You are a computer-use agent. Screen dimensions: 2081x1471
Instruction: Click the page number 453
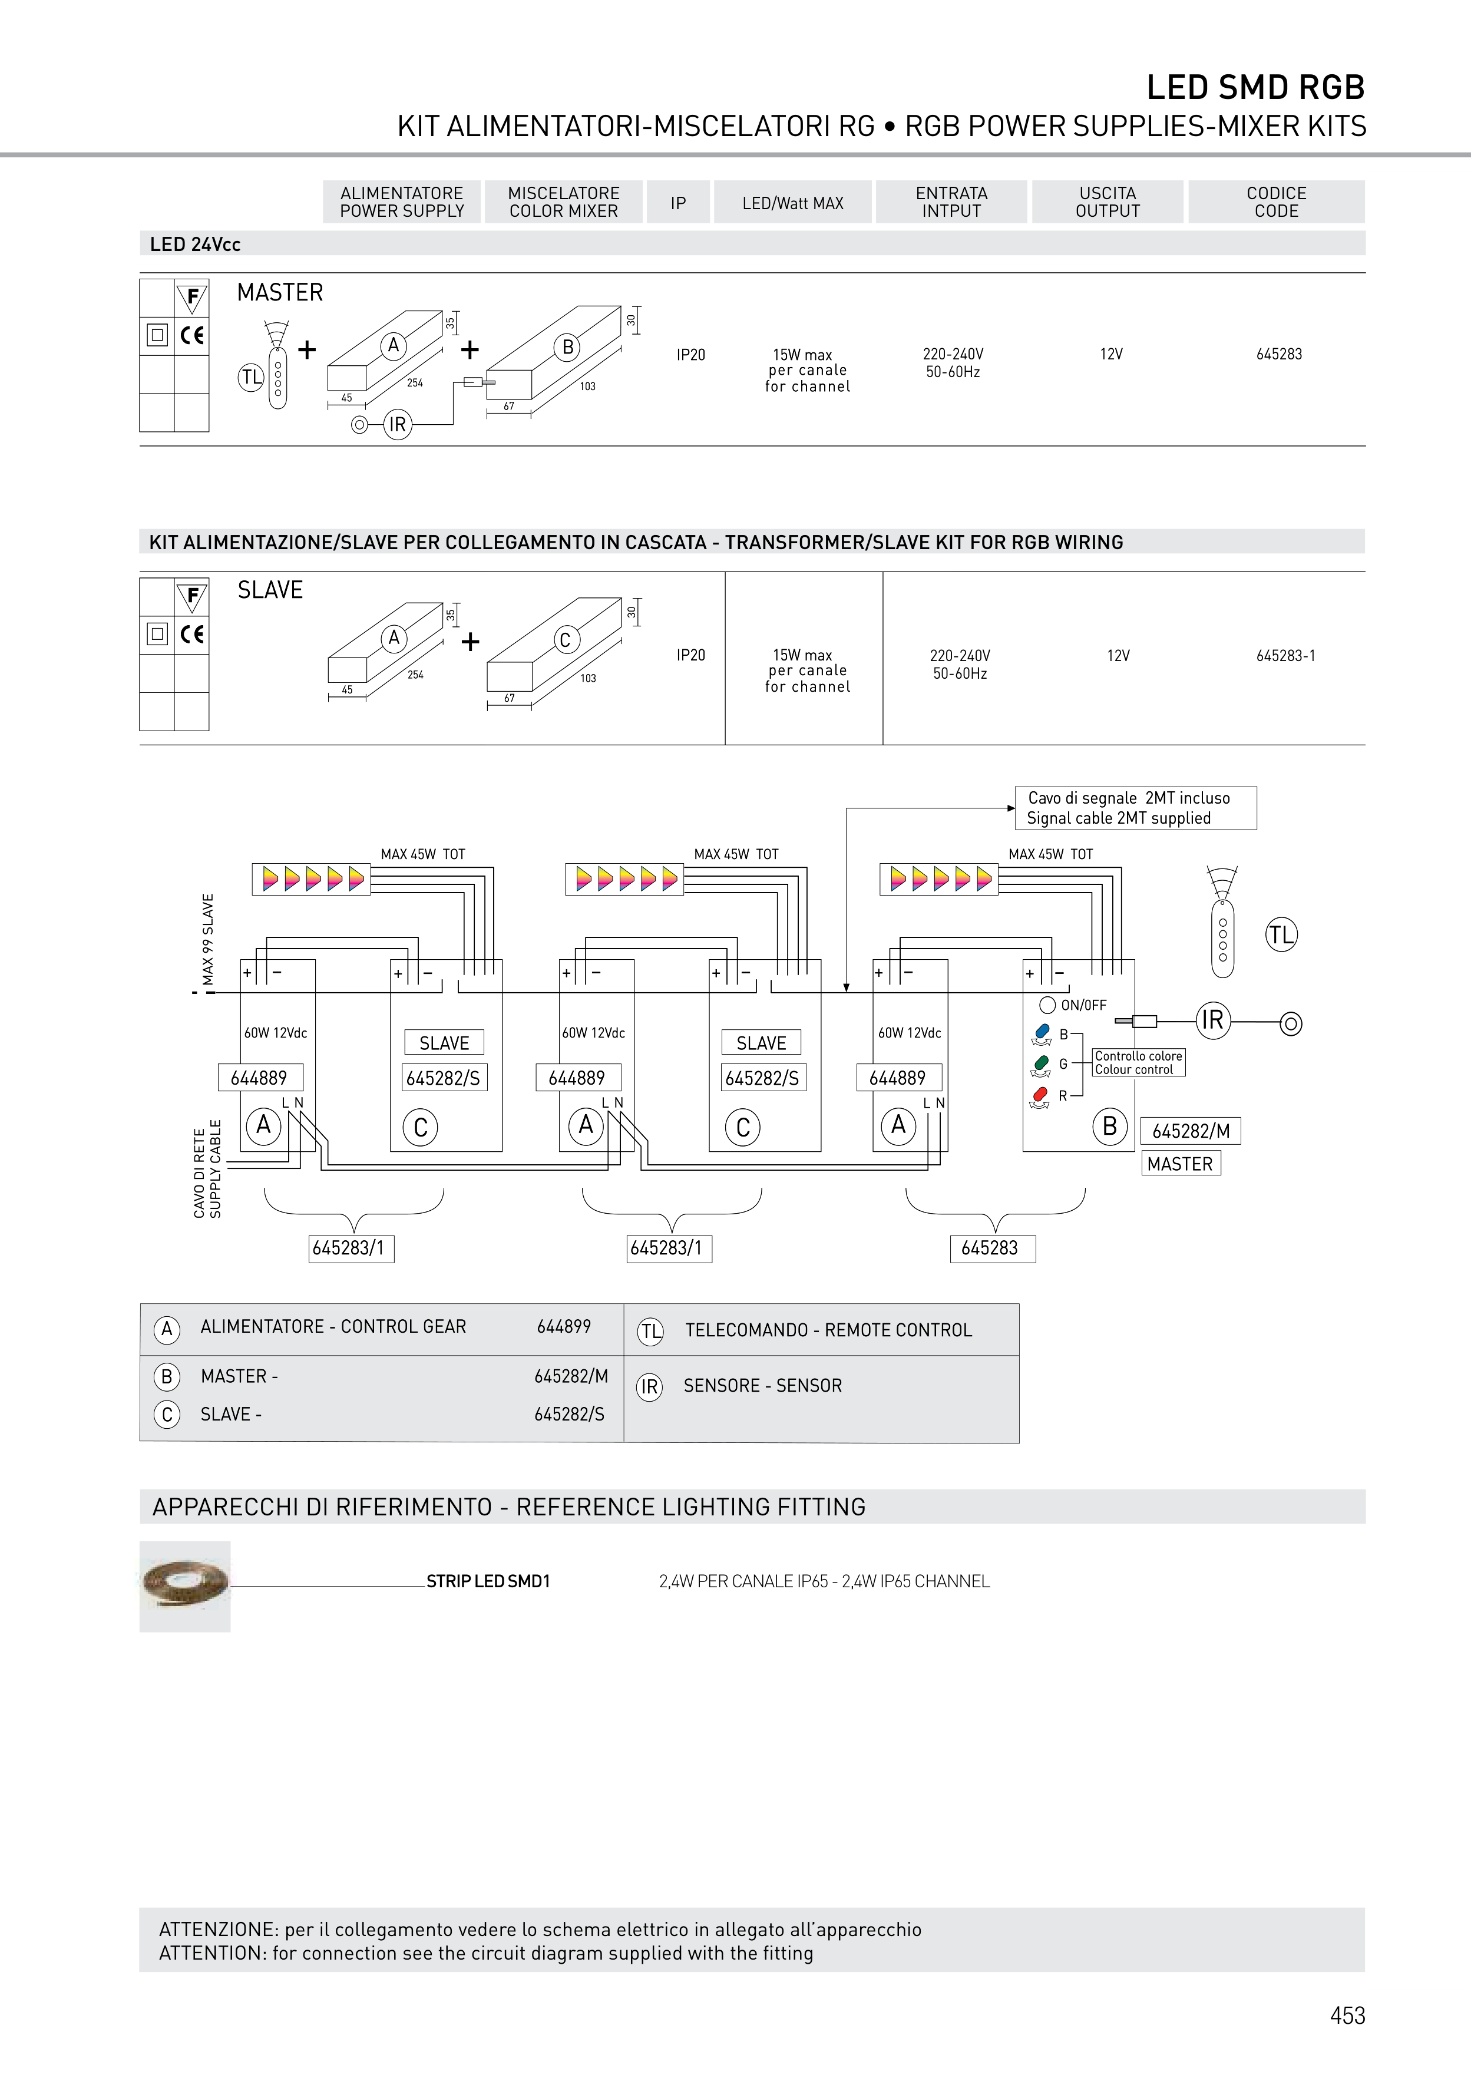click(x=1347, y=2015)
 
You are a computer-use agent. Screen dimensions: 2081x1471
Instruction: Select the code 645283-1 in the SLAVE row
click(x=1285, y=655)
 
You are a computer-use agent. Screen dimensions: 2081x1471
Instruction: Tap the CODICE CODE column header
click(x=1276, y=202)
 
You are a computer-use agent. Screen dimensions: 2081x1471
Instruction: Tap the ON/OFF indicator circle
click(x=1048, y=1004)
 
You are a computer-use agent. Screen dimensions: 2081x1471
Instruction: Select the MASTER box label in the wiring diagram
click(x=1180, y=1164)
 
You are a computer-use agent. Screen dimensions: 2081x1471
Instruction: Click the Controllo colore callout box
click(x=1138, y=1062)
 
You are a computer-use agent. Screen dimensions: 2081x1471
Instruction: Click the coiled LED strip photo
click(x=185, y=1586)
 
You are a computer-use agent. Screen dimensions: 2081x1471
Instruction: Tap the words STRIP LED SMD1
click(x=488, y=1581)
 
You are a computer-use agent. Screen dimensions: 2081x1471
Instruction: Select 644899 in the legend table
click(x=564, y=1327)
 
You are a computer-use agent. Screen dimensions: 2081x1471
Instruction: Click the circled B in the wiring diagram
click(x=1109, y=1127)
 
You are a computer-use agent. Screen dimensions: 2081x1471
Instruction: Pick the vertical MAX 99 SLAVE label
click(x=209, y=939)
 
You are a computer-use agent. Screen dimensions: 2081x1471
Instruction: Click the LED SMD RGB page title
click(x=1255, y=87)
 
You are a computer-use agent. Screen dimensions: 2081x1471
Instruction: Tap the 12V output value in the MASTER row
click(x=1111, y=354)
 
